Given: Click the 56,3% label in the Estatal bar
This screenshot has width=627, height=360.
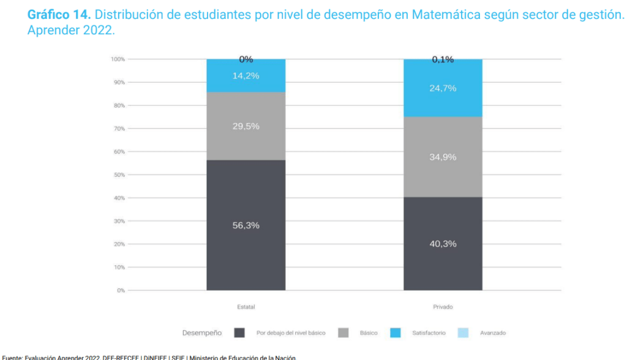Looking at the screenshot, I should point(246,225).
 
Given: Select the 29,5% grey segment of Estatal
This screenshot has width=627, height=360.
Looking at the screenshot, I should point(246,126).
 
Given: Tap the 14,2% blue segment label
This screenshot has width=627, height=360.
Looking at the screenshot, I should point(246,76).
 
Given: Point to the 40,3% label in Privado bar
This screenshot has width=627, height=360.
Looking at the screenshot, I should point(443,244).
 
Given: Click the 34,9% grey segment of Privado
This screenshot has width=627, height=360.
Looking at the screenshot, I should point(443,157).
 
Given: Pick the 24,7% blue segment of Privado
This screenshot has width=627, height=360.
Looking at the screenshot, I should point(443,88).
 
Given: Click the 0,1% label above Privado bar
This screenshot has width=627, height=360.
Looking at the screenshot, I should point(443,59).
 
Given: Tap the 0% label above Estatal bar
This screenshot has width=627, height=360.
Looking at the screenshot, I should point(246,59).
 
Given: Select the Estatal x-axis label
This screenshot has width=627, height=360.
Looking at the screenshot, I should point(246,307).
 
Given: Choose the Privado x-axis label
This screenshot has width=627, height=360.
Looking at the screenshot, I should point(443,307).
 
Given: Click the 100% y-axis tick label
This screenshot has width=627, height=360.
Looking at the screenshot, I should point(118,59).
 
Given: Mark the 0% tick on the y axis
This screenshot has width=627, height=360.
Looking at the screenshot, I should point(121,290).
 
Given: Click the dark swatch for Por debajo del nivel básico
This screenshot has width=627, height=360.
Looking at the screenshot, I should point(239,333).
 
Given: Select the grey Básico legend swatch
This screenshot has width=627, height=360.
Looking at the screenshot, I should point(344,333).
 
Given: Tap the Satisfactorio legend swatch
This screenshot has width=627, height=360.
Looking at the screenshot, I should point(396,333).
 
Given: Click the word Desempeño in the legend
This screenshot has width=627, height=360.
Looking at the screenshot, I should point(202,333).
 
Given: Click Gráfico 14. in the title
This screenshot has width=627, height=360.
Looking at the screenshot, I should point(59,15).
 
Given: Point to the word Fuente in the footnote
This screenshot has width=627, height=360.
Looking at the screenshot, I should point(13,357).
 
